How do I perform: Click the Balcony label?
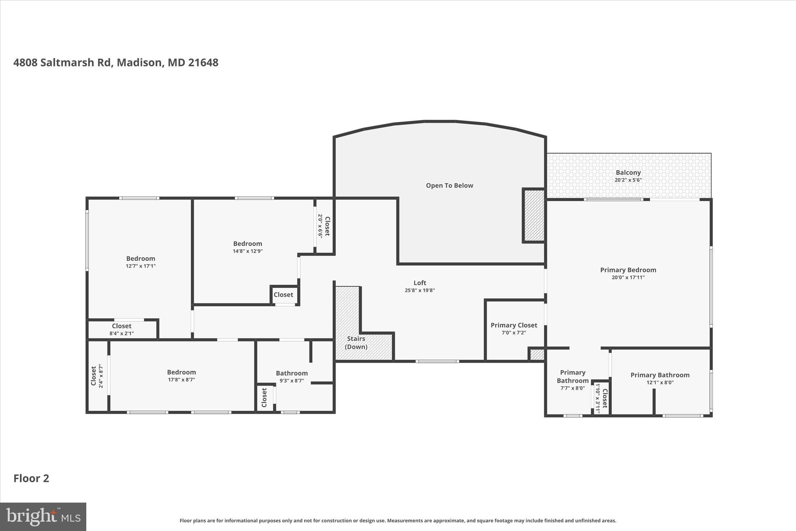coord(628,173)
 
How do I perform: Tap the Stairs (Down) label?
coord(356,343)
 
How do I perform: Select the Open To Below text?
coord(449,186)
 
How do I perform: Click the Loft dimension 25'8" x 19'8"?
coord(419,290)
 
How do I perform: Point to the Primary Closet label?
coord(513,325)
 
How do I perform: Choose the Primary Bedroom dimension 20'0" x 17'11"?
coord(628,277)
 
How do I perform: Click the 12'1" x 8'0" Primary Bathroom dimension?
coord(660,382)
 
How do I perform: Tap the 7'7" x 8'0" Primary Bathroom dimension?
coord(572,388)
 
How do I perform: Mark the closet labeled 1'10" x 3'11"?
coord(601,398)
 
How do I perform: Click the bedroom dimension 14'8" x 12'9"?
coord(248,251)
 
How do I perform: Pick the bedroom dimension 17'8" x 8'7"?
coord(181,380)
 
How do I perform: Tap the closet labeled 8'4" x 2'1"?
coord(122,329)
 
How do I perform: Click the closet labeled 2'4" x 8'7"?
coord(97,376)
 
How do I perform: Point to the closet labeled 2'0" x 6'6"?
coord(324,226)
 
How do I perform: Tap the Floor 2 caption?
coord(31,478)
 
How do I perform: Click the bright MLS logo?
coord(43,517)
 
